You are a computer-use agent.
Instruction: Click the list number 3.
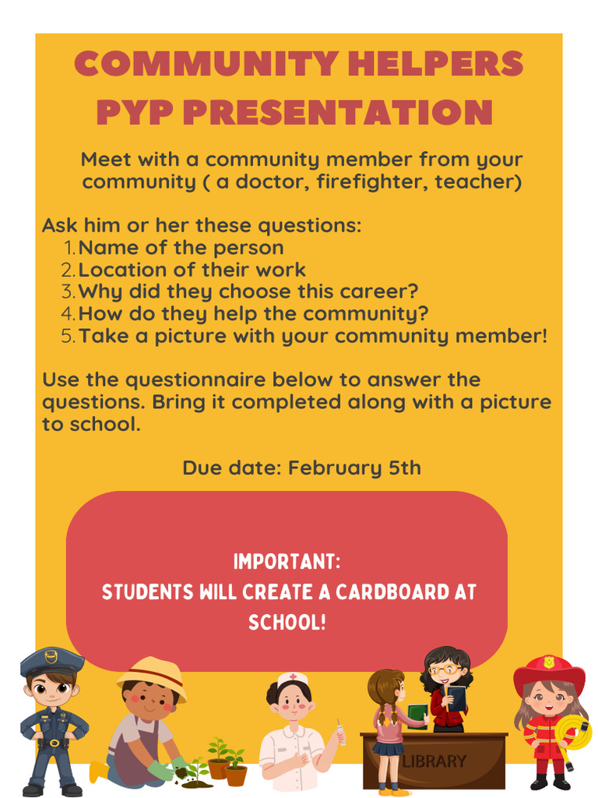(69, 292)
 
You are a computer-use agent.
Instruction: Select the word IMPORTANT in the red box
(286, 562)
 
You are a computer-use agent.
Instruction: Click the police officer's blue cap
(51, 662)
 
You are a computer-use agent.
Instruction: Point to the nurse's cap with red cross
(293, 679)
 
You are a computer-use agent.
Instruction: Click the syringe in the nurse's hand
(340, 732)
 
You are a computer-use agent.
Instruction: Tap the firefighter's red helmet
(549, 671)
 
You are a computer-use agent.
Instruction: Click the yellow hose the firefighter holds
(575, 732)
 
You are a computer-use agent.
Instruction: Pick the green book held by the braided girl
(417, 713)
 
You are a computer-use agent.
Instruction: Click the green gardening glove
(160, 771)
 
